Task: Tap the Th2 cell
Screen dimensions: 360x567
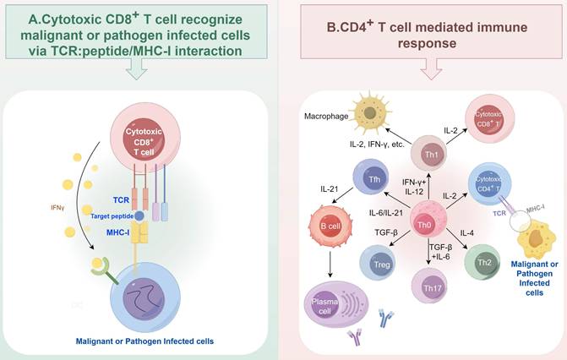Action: point(485,251)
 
